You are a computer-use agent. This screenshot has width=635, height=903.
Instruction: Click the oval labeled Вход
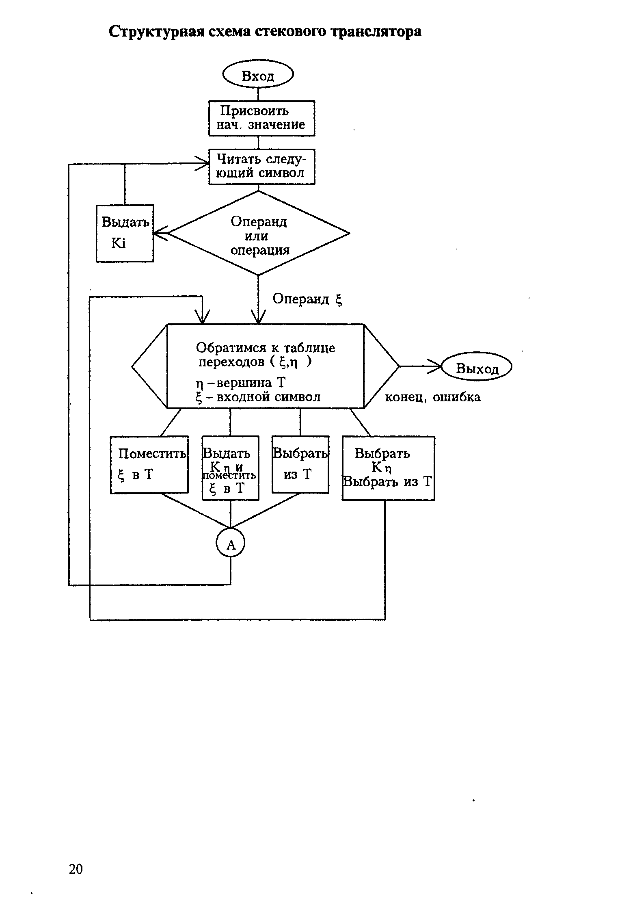point(258,75)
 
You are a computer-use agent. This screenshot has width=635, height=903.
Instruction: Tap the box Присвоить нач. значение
point(261,118)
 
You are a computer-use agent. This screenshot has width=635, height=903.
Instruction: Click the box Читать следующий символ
point(261,167)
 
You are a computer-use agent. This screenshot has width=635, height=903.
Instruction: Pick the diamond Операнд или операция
point(258,235)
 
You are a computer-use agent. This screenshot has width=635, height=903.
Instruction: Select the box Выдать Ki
point(125,233)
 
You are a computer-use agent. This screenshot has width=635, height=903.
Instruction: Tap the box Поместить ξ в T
point(149,464)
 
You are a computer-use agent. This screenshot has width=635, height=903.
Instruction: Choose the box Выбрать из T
point(300,464)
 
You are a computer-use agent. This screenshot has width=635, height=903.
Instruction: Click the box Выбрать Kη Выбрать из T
point(388,468)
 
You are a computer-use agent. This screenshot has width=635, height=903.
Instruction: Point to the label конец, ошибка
point(432,397)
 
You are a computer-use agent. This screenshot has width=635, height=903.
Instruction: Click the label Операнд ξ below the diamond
point(307,299)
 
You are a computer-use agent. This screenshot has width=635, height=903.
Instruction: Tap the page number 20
point(76,869)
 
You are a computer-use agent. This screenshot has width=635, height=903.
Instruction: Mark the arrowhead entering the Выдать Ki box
point(159,234)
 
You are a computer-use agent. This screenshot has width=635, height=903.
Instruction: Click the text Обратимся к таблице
point(266,348)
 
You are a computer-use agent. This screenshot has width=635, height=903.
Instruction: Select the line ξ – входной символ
point(258,397)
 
